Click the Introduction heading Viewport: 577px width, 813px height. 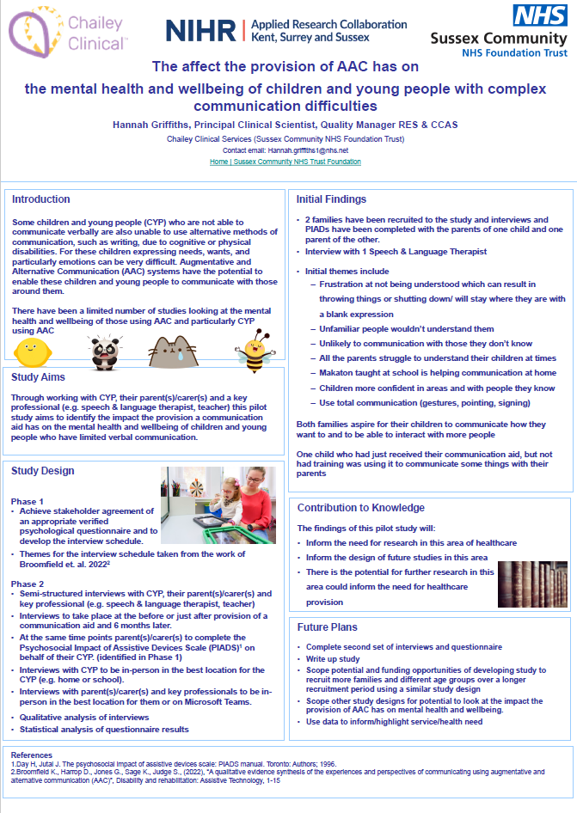click(x=41, y=199)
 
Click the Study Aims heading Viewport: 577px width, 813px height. click(x=39, y=376)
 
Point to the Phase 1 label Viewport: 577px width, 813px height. click(x=28, y=501)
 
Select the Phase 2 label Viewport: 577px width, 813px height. click(x=28, y=584)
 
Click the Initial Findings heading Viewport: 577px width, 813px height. click(x=332, y=199)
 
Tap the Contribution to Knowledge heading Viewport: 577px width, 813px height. click(x=361, y=508)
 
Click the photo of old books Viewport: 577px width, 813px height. click(x=531, y=585)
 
